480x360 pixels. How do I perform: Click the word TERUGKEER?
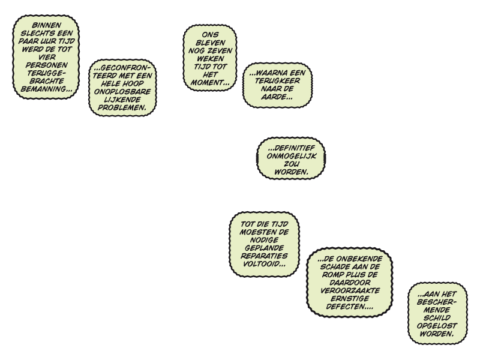click(x=278, y=81)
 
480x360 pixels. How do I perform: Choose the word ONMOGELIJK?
click(x=292, y=155)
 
